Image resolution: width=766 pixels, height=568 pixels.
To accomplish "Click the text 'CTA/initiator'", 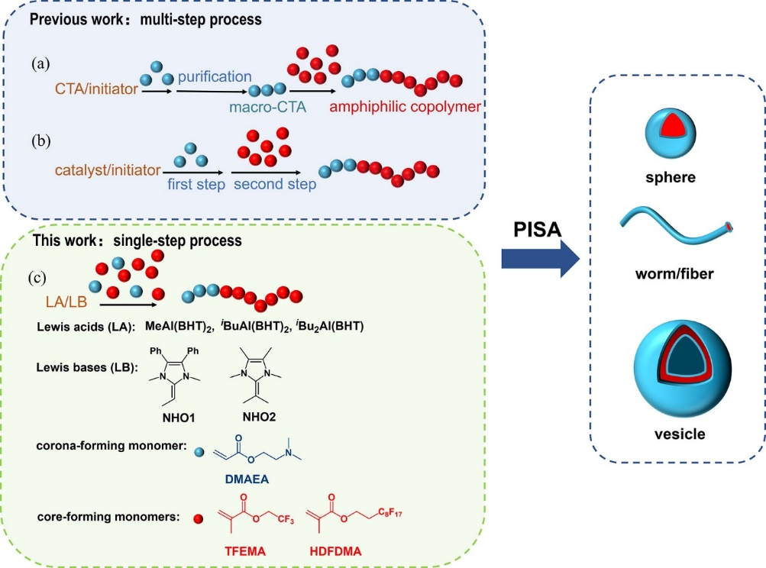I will coord(96,89).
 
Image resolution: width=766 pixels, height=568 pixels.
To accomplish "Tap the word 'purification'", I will coord(215,76).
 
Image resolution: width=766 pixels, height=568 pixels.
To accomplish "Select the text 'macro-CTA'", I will coord(269,108).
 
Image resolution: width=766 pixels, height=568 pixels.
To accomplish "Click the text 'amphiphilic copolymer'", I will coord(406,108).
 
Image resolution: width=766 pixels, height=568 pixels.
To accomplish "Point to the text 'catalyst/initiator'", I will coord(108,169).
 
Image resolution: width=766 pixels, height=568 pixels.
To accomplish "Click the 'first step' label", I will coord(196,185).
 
